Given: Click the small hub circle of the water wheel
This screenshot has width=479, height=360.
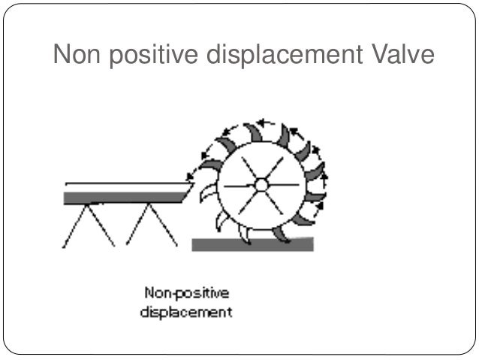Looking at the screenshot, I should pyautogui.click(x=261, y=184).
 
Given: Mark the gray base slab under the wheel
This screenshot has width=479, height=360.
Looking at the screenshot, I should pyautogui.click(x=252, y=244).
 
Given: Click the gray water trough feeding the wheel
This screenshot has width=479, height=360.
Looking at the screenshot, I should pyautogui.click(x=124, y=197).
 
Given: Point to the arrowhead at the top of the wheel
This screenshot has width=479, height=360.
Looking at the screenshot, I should pyautogui.click(x=261, y=122).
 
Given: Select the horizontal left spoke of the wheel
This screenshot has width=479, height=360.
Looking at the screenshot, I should pyautogui.click(x=239, y=185).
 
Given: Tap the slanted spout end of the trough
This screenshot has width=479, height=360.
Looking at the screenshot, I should pyautogui.click(x=187, y=193).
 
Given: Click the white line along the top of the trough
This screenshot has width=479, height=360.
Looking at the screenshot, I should pyautogui.click(x=124, y=185).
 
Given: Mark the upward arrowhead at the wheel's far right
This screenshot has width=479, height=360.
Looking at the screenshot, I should pyautogui.click(x=324, y=180).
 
